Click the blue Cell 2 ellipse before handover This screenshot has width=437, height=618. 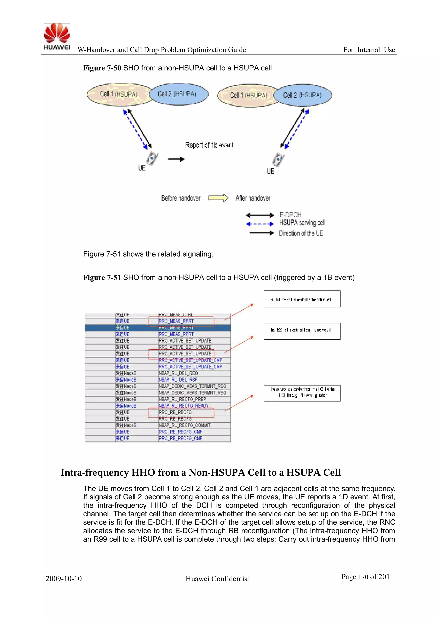point(178,94)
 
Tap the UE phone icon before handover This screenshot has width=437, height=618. point(152,159)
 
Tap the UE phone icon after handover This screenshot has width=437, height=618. point(278,160)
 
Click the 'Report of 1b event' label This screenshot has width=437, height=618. point(209,145)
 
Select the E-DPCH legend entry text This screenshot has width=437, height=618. point(290,215)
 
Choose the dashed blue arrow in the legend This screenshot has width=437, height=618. point(260,224)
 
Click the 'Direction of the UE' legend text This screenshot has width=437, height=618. point(301,233)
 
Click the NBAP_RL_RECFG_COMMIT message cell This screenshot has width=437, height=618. point(184,425)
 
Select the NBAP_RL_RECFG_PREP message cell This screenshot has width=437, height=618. point(182,399)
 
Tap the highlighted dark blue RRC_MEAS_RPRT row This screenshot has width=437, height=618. point(158,328)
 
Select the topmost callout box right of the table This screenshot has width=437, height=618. point(302,299)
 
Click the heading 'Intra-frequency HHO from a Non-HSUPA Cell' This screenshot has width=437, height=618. point(201,472)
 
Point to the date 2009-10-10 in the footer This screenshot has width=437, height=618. point(64,579)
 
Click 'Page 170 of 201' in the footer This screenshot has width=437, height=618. point(365,577)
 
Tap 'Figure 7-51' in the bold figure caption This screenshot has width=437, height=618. point(102,278)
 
